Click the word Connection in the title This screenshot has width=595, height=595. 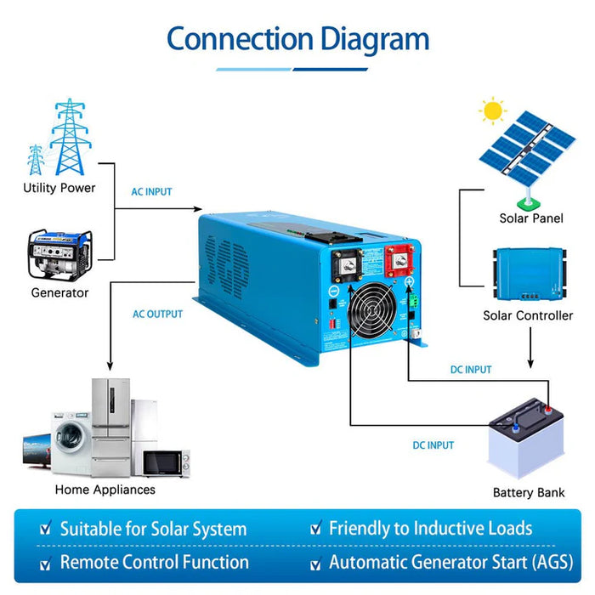240,39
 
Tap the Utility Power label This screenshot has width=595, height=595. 59,188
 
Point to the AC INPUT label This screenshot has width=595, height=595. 151,192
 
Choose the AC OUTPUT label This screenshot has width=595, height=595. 157,314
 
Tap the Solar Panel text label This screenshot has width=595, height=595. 530,218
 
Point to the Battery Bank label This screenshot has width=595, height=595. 528,492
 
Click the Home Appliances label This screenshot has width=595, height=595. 105,490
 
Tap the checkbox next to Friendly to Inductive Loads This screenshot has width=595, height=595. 316,530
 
